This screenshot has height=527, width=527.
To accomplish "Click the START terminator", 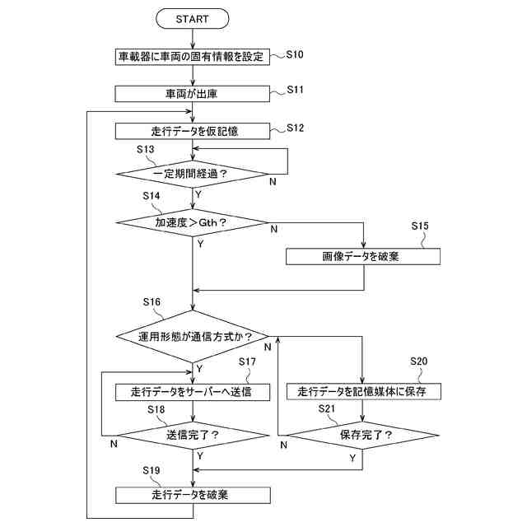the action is point(192,19).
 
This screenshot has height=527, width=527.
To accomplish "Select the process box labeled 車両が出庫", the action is point(192,94).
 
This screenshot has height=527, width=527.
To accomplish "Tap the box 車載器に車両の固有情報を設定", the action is point(192,57).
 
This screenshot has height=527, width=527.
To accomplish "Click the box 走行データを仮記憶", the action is point(192,131).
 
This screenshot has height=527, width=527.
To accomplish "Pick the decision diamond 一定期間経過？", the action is point(192,174).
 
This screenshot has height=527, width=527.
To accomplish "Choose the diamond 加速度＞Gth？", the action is point(192,222).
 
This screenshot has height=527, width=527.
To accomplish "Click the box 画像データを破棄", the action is point(363,256).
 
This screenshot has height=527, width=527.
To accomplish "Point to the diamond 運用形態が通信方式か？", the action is point(192,336).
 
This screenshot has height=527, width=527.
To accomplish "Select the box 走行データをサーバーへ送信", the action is point(193,392).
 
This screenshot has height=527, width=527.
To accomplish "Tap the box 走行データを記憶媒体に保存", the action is point(363,391).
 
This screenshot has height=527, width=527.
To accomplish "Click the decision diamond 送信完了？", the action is point(193,436).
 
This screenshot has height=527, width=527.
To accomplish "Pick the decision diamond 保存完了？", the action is point(363,436).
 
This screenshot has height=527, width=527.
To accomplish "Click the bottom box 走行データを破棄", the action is point(193,495).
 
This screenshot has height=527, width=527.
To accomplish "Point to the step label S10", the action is point(295,54).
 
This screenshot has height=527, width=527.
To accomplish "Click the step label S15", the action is point(420,226).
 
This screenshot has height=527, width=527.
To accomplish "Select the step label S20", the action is point(418,361).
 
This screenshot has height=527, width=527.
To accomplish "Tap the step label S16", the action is point(152,302).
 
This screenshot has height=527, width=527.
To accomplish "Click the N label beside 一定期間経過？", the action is point(273,181).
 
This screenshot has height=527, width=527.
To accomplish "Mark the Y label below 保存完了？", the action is point(352,458).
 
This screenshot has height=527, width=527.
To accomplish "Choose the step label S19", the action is point(152,470).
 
